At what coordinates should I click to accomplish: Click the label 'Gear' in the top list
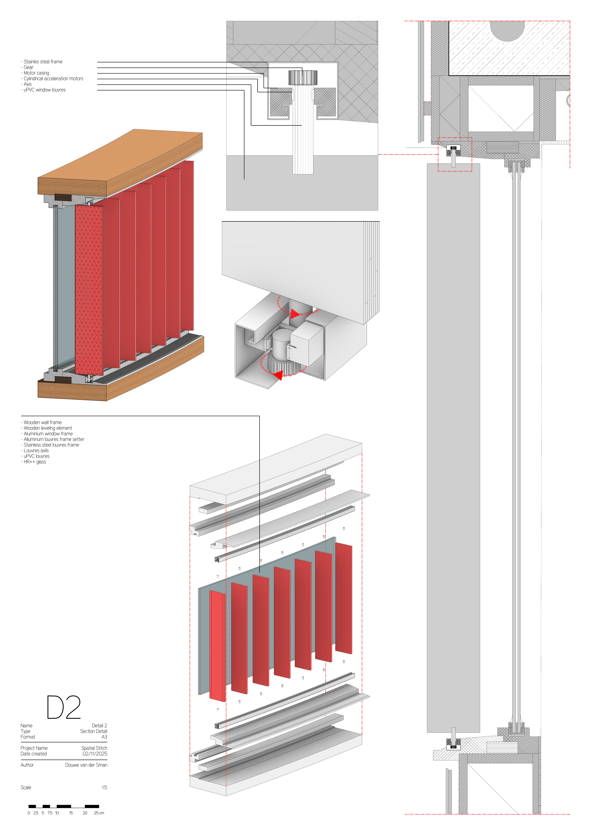[x=28, y=67]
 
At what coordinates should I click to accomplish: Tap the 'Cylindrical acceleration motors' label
[x=53, y=79]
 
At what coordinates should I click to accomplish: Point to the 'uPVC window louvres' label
[x=44, y=90]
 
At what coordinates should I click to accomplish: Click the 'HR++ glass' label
[x=35, y=462]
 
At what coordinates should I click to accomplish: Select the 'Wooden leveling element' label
[x=48, y=428]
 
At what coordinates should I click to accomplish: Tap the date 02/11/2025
[x=95, y=754]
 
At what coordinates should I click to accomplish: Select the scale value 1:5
[x=104, y=788]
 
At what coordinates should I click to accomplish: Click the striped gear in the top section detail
[x=303, y=77]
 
